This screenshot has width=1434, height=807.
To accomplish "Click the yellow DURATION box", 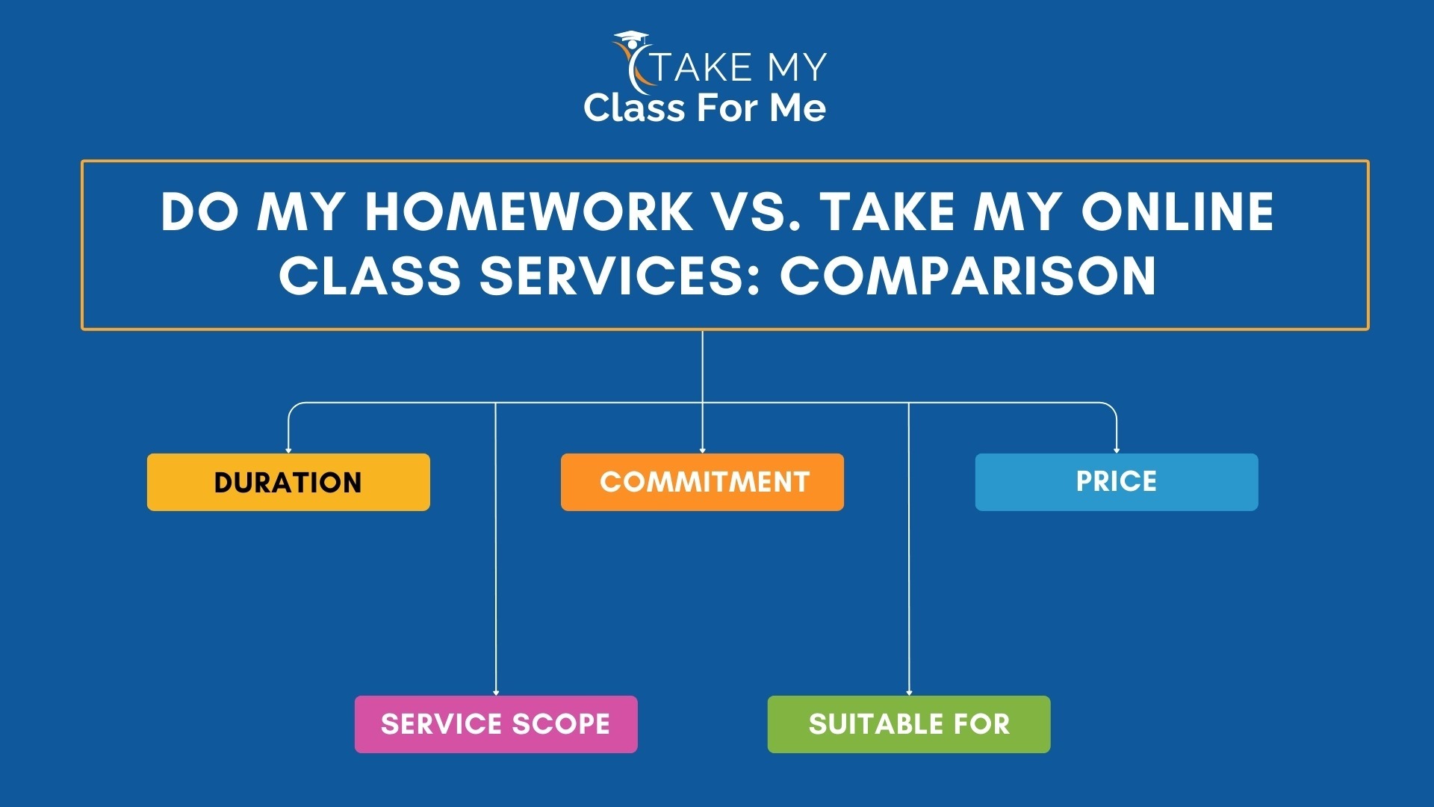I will pyautogui.click(x=288, y=482).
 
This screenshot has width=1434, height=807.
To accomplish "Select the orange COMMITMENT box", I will pyautogui.click(x=702, y=482).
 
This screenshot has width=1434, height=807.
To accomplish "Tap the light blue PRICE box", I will pyautogui.click(x=1116, y=482).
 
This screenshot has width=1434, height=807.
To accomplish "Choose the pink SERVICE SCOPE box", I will pyautogui.click(x=496, y=724).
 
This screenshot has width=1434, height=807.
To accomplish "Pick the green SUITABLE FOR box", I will pyautogui.click(x=908, y=724).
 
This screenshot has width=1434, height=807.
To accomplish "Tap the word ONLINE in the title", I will pyautogui.click(x=1178, y=211).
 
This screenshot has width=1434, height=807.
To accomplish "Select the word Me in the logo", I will pyautogui.click(x=798, y=108).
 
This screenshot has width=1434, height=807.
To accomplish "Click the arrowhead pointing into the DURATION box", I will pyautogui.click(x=288, y=450).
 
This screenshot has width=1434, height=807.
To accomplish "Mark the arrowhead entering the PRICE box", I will pyautogui.click(x=1117, y=450).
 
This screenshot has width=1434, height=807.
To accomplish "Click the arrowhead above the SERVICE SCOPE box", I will pyautogui.click(x=496, y=693).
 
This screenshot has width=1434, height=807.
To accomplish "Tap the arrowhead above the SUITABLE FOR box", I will pyautogui.click(x=909, y=693).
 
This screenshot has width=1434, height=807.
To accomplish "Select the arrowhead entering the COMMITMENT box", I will pyautogui.click(x=702, y=450).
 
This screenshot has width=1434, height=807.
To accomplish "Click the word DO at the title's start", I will pyautogui.click(x=199, y=211).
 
